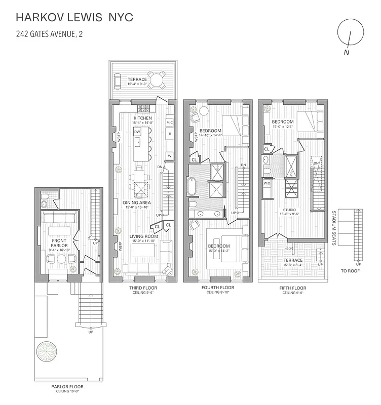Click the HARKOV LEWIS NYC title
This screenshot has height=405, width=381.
[74, 18]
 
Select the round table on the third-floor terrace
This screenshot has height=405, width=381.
[157, 79]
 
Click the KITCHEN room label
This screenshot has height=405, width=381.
[142, 117]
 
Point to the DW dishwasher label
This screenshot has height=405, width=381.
[137, 131]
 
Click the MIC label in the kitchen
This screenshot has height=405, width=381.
[170, 123]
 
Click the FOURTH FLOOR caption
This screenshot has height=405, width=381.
[218, 288]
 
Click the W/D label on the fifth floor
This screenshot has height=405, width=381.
[267, 184]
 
